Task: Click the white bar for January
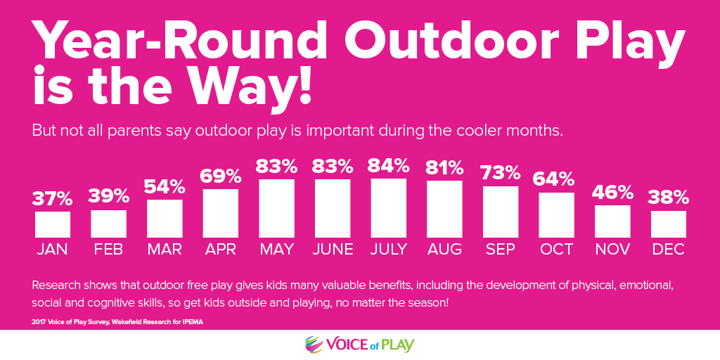(x=52, y=224)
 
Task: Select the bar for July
(x=388, y=208)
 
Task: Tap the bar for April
(x=220, y=213)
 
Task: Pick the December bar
(x=669, y=224)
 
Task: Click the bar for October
(x=557, y=215)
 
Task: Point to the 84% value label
(x=388, y=165)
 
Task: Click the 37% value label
(x=52, y=198)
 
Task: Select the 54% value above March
(x=165, y=186)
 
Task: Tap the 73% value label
(x=501, y=173)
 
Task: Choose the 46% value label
(x=612, y=193)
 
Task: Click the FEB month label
(x=108, y=250)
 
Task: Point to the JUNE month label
(x=333, y=250)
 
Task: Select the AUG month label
(x=444, y=250)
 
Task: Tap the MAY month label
(x=276, y=250)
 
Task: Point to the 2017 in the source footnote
(x=39, y=322)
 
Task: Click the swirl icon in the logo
(x=314, y=345)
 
